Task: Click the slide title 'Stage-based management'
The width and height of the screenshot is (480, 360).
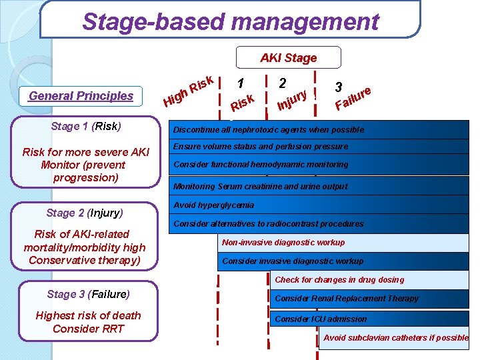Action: pos(230,21)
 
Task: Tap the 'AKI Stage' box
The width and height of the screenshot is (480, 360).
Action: pos(288,58)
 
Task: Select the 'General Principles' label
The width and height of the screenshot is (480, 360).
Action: pos(81,96)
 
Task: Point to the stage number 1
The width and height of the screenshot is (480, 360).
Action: pos(240,83)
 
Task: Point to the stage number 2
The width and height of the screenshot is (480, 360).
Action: pos(283,83)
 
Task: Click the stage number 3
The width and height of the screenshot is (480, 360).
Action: pos(339,87)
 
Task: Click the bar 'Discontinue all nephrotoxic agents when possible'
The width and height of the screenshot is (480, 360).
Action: pos(268,130)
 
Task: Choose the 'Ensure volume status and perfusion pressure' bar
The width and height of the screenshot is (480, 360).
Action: pos(260,147)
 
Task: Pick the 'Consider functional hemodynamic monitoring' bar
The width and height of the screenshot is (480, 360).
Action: pos(260,165)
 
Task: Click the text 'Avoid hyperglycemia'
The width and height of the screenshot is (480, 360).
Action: pos(213,205)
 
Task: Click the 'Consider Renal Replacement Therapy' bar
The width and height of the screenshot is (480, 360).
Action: pos(347,299)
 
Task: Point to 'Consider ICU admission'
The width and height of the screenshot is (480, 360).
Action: pos(321,319)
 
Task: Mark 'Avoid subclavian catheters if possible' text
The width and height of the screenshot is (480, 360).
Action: pos(396,338)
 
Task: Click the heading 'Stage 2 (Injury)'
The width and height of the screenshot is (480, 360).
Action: pos(85,213)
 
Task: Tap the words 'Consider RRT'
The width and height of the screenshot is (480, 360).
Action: pos(88,329)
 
